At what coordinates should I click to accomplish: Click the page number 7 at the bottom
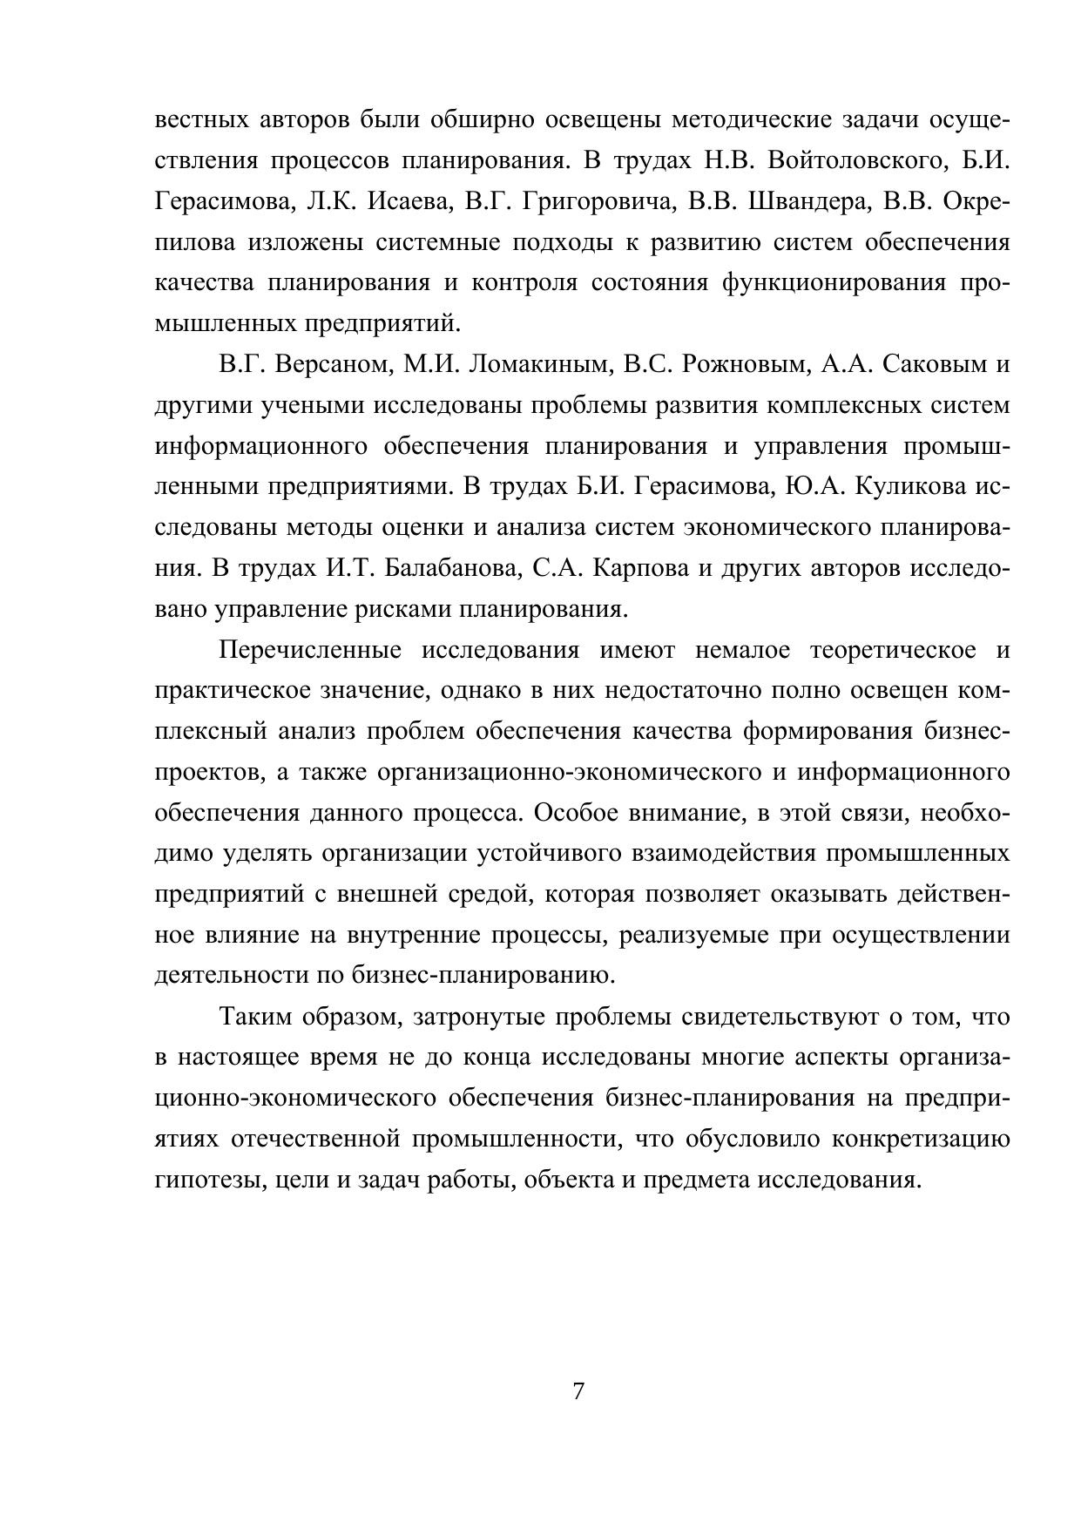(x=578, y=1390)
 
